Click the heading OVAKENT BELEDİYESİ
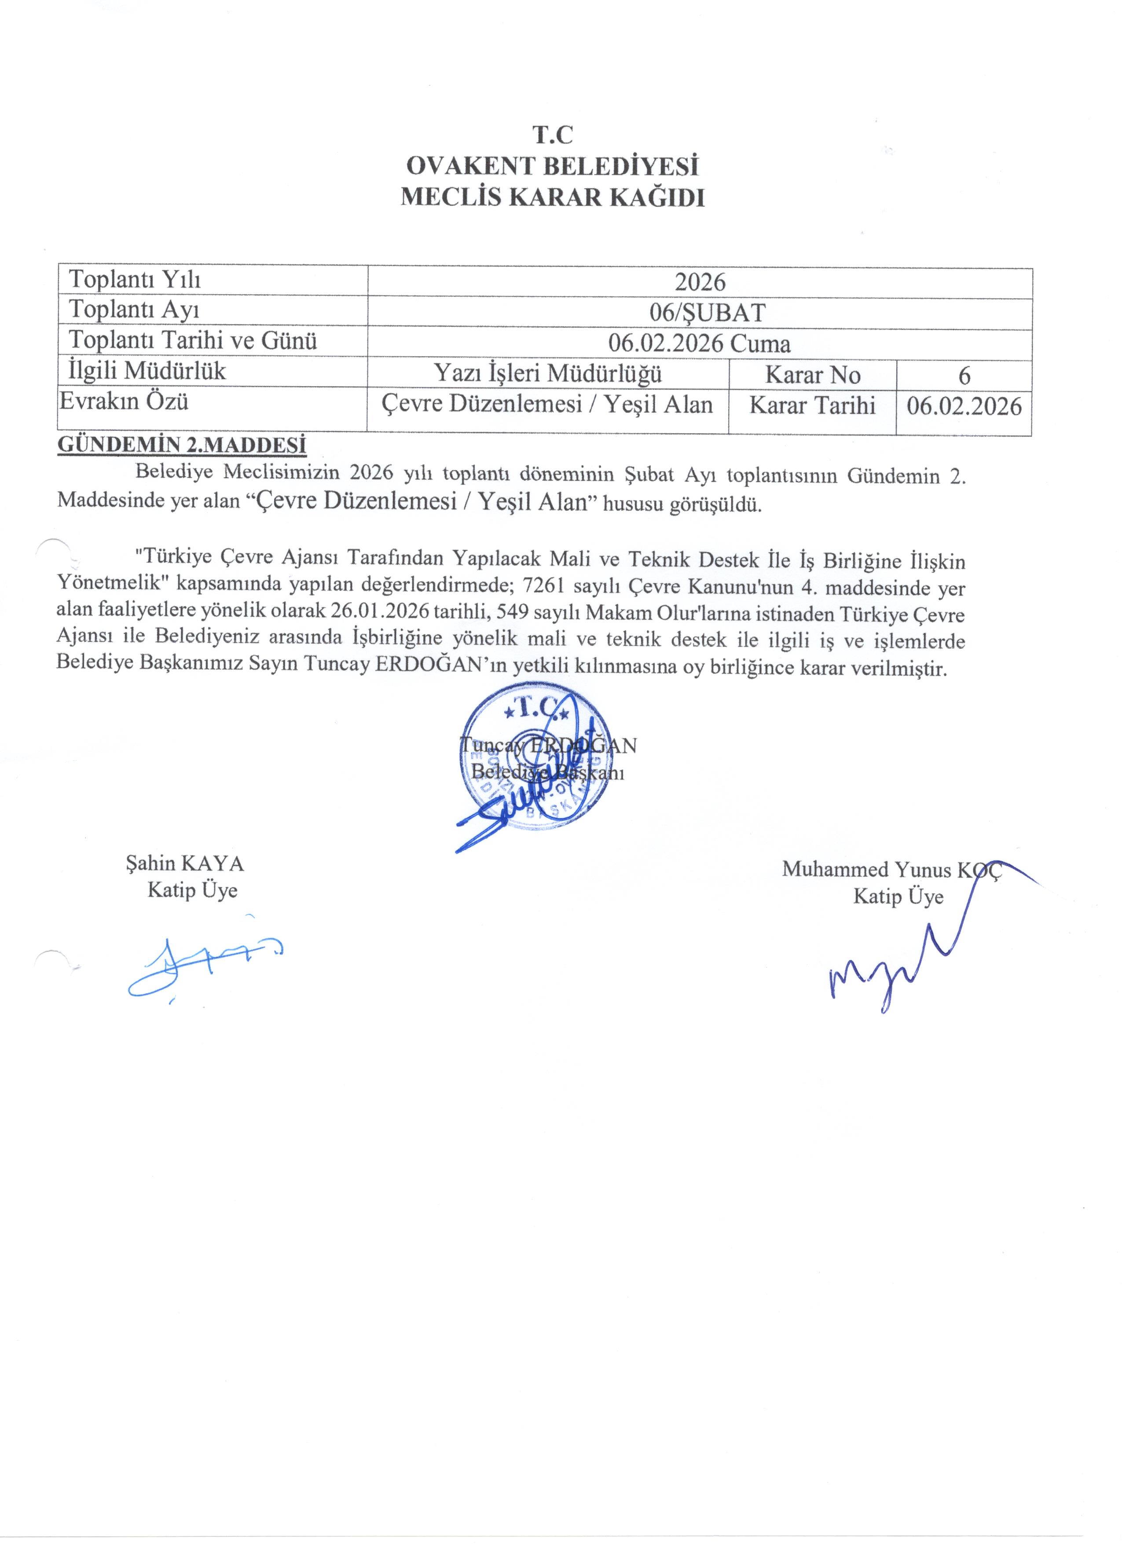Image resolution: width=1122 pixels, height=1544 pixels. coord(552,166)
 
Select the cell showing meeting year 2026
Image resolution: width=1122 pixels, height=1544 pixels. coord(700,282)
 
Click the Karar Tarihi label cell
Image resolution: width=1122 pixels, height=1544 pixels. coord(812,405)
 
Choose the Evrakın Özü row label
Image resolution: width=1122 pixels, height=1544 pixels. coord(124,401)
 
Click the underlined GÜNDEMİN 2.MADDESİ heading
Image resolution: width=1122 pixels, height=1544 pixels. coord(182,445)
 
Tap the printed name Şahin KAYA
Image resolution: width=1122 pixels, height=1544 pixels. coord(184,864)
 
